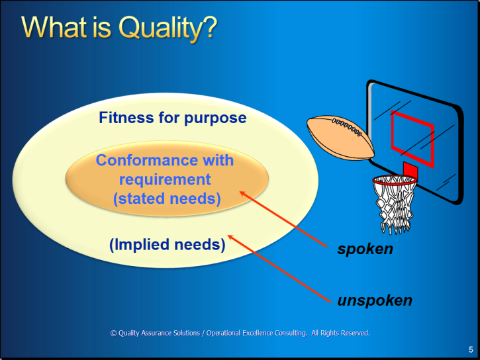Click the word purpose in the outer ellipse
[215, 119]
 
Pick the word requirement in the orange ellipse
[165, 180]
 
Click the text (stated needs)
[167, 199]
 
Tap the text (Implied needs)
[168, 245]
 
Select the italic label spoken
[365, 249]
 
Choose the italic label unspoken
[375, 301]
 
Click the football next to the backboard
[340, 138]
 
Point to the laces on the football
[348, 127]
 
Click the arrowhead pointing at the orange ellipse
[243, 194]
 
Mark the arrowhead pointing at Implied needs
[231, 238]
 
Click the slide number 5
[471, 349]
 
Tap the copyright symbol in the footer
[114, 334]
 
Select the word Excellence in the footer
[258, 333]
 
